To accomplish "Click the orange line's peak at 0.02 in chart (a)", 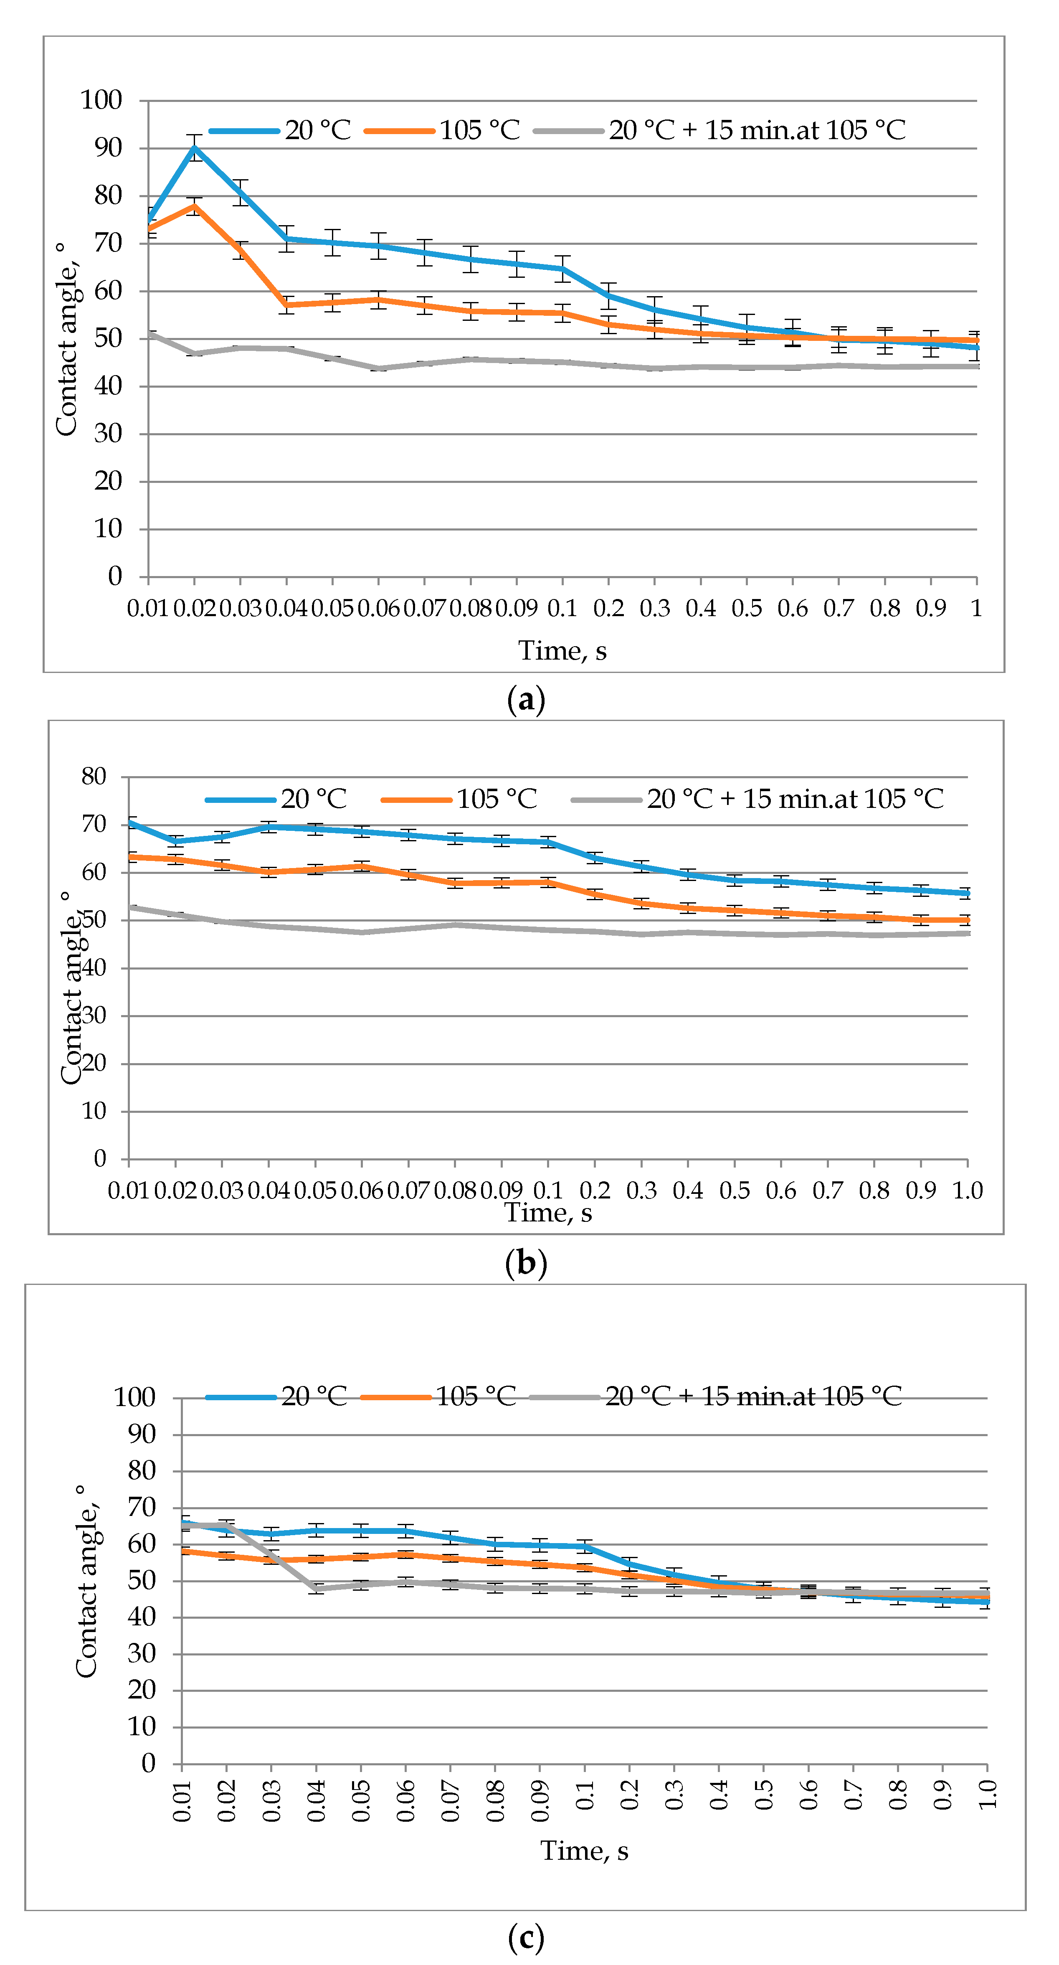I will click(x=195, y=206).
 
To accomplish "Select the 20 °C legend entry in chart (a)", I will click(x=281, y=130).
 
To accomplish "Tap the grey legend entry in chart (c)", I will click(x=717, y=1397).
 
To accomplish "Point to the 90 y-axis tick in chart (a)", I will click(x=108, y=148).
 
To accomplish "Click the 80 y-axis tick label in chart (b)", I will click(x=94, y=777).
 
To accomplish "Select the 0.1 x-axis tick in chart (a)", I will click(x=562, y=608).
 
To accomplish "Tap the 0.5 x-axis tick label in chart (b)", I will click(x=734, y=1190).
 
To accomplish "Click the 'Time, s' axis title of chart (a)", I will click(x=562, y=651).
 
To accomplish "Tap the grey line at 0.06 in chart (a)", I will click(x=379, y=368).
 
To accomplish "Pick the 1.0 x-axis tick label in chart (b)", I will click(x=967, y=1190).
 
